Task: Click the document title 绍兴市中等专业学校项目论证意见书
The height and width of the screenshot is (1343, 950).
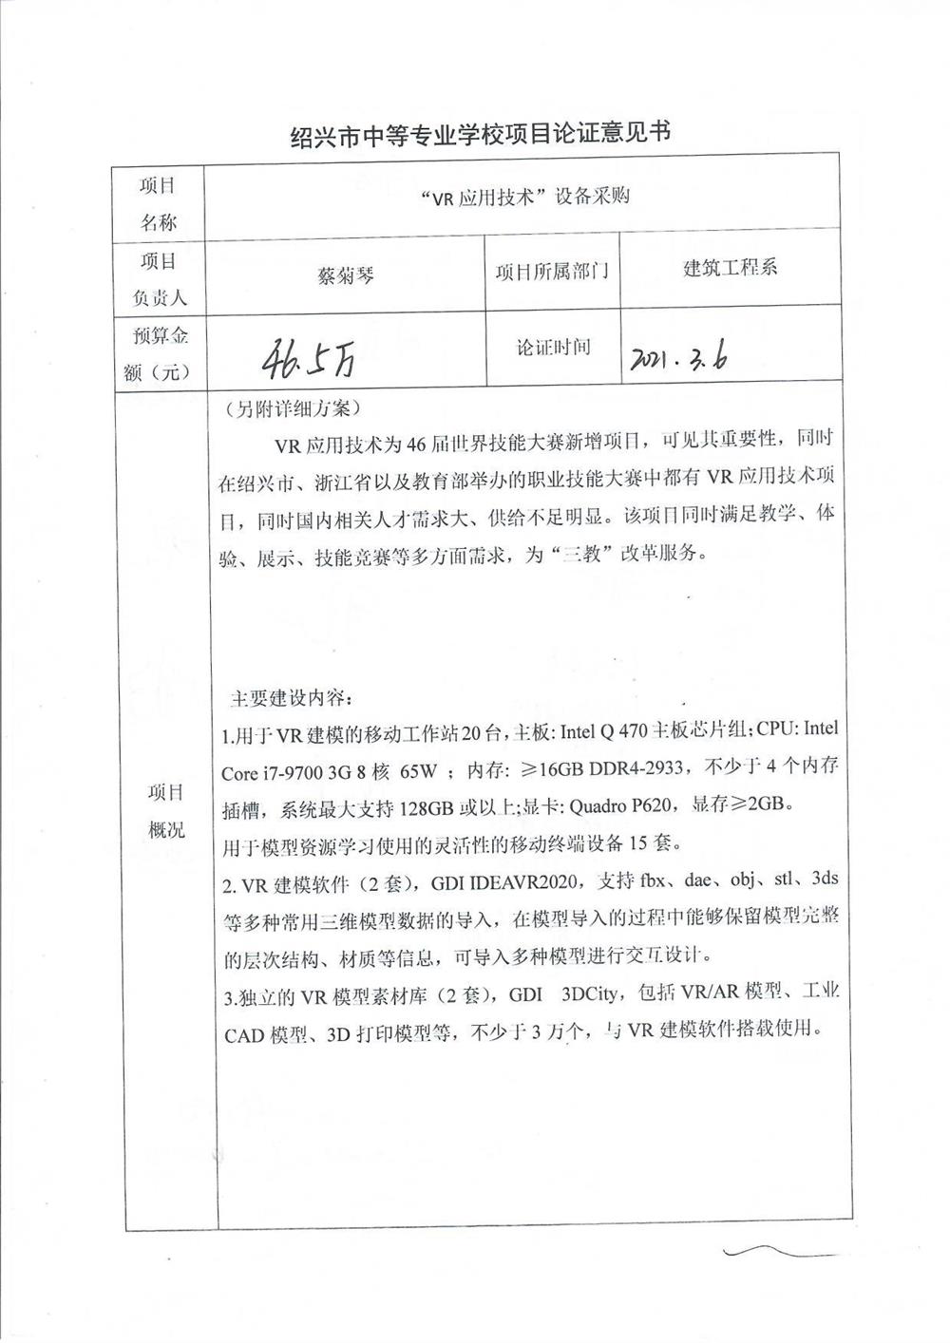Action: tap(480, 135)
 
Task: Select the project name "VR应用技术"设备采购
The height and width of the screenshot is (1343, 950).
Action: tap(524, 197)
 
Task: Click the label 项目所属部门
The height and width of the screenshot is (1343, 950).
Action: tap(552, 272)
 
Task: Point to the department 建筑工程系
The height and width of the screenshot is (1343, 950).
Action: tap(731, 268)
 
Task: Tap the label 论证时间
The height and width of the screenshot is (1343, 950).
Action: tap(553, 348)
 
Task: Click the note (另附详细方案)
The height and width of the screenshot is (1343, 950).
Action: tap(288, 408)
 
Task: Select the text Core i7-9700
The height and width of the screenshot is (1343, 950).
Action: tap(271, 772)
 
